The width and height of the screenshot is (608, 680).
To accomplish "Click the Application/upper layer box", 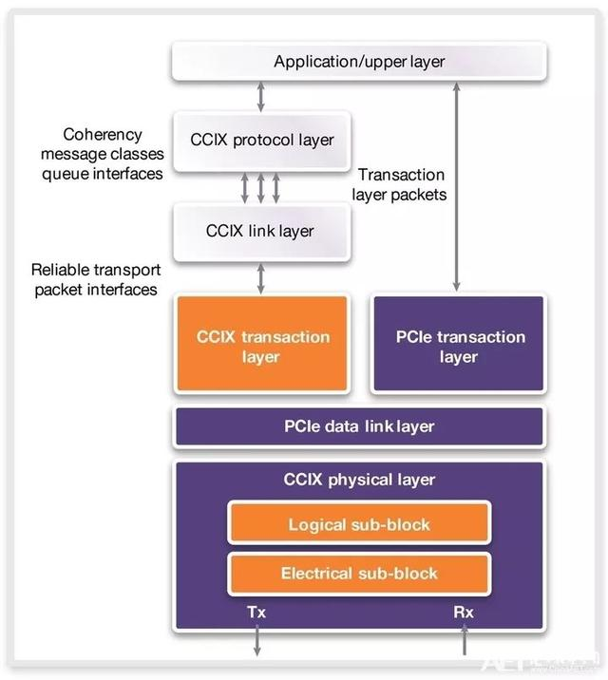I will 358,63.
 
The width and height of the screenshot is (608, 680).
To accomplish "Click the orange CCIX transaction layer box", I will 262,346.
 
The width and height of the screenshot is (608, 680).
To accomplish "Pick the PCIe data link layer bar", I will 358,426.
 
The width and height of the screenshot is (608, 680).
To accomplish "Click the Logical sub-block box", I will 358,524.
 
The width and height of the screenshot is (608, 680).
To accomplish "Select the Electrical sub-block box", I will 358,574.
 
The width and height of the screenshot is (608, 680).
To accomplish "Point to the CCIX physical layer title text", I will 358,480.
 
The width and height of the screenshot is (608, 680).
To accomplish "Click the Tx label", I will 256,613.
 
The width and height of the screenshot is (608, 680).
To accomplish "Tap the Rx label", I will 464,613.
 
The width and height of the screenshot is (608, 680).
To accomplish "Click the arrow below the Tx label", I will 256,643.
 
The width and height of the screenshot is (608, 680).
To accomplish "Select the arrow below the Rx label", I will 464,643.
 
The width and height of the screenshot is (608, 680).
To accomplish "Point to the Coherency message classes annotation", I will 101,154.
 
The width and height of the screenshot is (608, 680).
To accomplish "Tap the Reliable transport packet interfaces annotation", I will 94,279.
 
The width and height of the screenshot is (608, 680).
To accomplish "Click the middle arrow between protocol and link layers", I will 260,186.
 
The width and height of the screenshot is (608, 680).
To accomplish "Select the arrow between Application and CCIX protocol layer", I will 260,97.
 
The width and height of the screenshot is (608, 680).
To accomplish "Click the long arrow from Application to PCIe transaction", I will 458,186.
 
